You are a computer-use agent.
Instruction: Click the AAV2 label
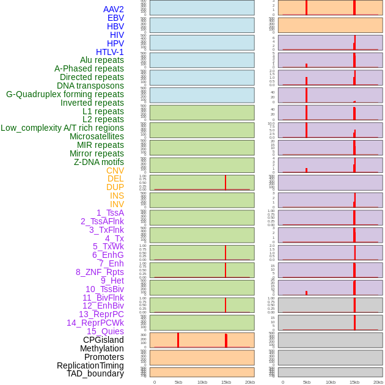114,9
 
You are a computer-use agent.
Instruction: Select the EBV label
116,18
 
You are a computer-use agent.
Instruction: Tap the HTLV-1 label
110,52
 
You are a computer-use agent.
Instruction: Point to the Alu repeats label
102,60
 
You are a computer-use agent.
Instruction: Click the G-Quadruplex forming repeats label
65,94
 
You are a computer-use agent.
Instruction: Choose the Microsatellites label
97,136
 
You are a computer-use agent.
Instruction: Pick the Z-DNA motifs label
99,162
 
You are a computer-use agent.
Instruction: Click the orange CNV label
115,170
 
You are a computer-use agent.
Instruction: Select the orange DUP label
115,187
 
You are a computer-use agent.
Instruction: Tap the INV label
117,204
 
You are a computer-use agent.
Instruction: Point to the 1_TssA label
110,213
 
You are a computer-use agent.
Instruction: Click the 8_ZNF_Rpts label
100,272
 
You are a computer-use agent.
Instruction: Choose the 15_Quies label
105,331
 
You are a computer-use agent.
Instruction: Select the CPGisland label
103,340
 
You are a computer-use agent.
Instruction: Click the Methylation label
102,348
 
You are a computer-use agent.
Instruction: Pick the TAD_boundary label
95,373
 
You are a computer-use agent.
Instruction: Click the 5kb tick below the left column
178,382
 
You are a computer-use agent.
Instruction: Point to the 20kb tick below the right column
378,382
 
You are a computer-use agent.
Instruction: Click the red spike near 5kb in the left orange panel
178,340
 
